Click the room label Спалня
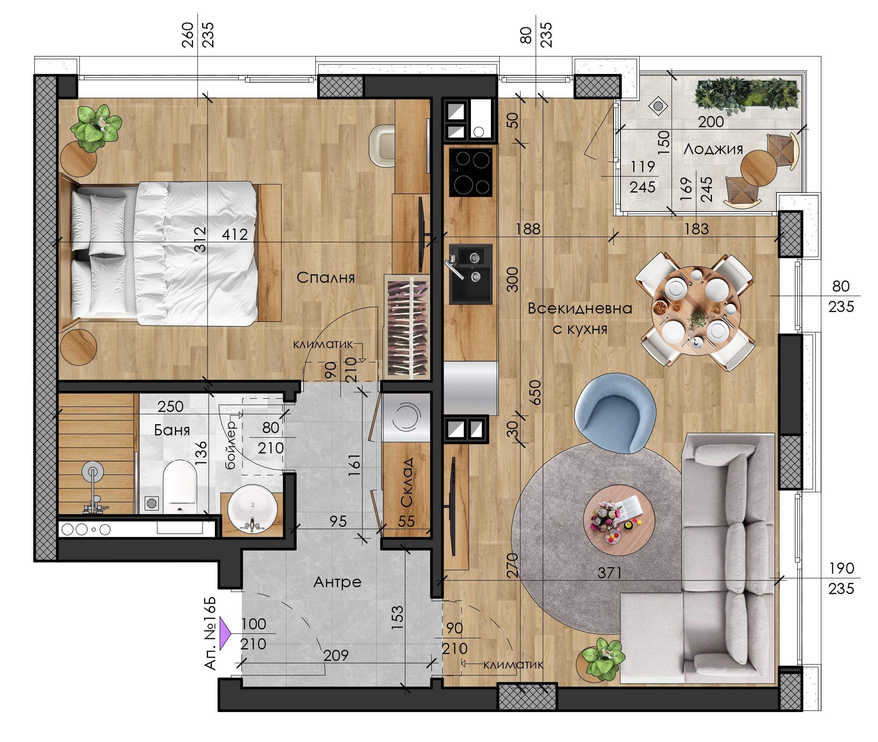[326, 277]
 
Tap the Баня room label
[172, 430]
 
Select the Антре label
[338, 582]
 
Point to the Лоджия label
[713, 149]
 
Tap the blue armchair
[615, 413]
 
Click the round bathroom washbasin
[252, 508]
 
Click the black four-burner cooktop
[471, 172]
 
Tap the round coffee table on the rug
[619, 520]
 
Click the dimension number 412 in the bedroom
[235, 234]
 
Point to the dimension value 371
[610, 573]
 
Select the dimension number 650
[535, 392]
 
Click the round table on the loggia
[758, 168]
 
